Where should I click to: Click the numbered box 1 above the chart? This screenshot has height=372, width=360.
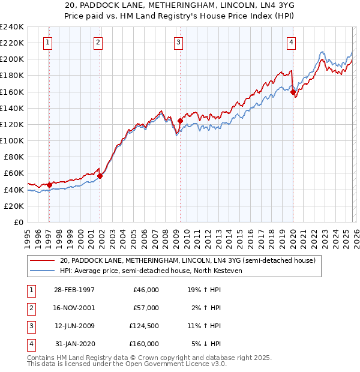click(x=47, y=42)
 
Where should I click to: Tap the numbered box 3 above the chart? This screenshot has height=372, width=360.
click(x=179, y=42)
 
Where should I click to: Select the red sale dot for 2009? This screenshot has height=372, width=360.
click(x=180, y=121)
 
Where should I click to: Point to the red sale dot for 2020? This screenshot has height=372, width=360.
click(x=293, y=92)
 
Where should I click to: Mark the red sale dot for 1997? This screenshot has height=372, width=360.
click(x=49, y=185)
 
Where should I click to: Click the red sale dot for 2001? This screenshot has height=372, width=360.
click(x=100, y=176)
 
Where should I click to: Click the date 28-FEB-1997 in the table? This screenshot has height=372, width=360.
click(x=74, y=289)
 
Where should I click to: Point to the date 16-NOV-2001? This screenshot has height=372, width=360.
click(x=74, y=307)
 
